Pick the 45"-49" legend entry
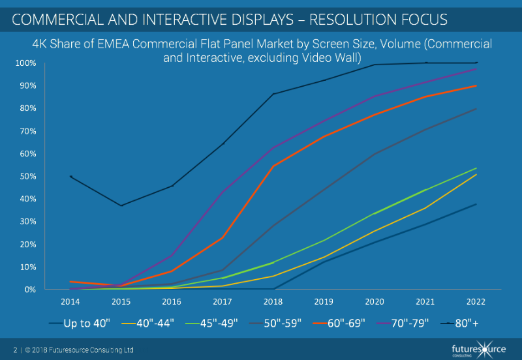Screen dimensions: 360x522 pos(218,322)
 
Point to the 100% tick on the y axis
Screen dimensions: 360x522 pos(26,63)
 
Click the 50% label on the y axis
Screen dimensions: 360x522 pos(28,177)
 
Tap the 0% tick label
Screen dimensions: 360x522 pos(30,290)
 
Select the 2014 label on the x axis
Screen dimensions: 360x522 pos(70,303)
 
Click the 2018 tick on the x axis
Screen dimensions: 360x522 pos(273,303)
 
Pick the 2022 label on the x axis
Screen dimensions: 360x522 pos(476,303)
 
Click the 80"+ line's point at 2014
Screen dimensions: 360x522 pos(70,177)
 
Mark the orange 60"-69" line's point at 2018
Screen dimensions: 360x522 pos(273,166)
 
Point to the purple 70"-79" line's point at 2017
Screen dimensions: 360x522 pos(223,192)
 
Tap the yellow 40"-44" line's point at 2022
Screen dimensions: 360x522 pos(476,174)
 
